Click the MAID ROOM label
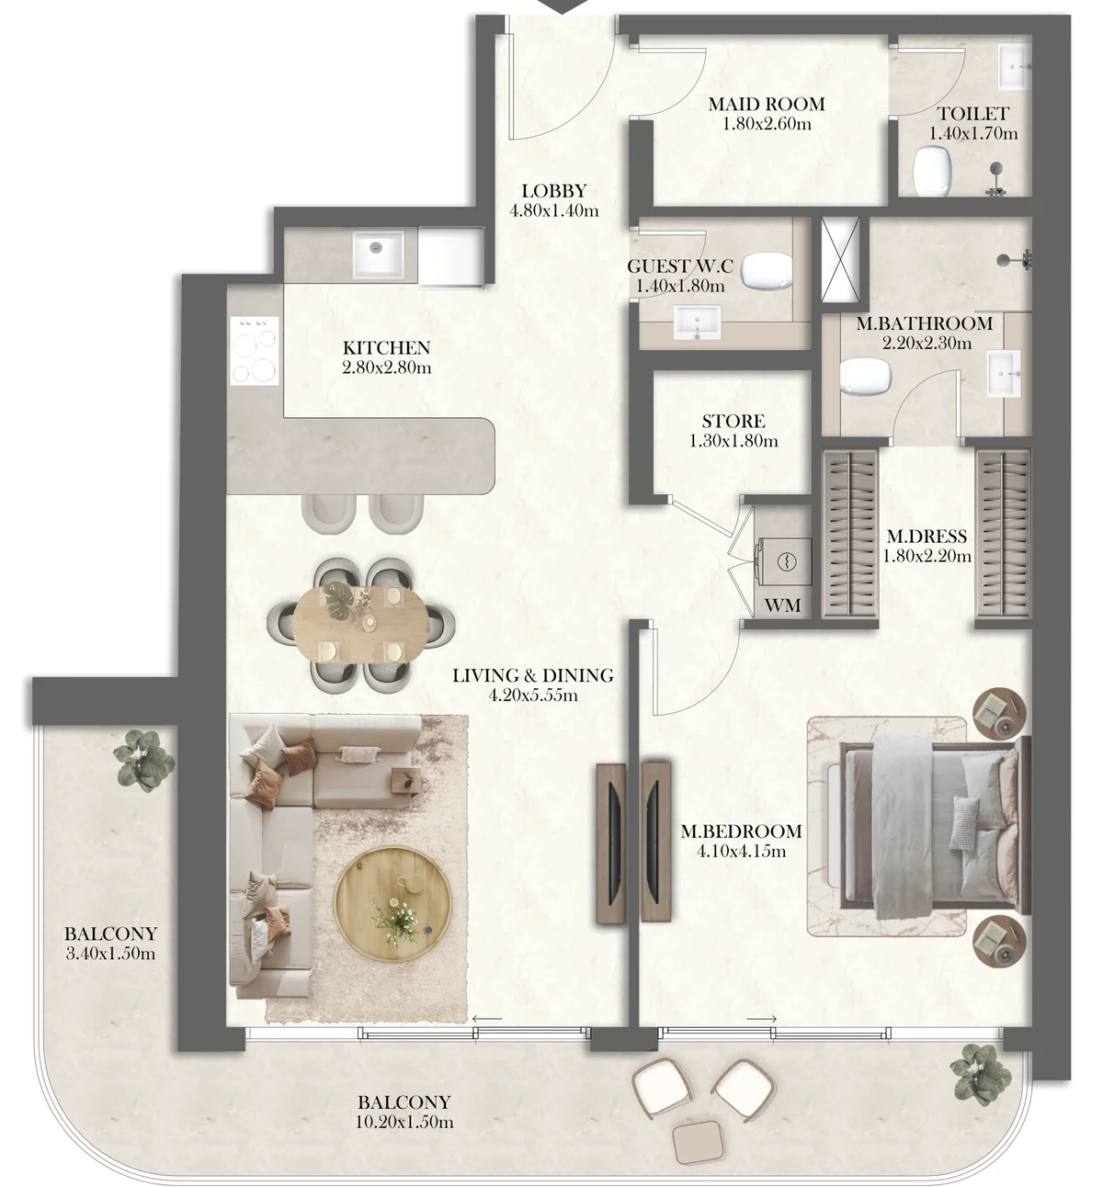[766, 104]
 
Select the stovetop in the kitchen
[255, 350]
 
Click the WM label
[782, 605]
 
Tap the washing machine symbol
[786, 560]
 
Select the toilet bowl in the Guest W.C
[766, 270]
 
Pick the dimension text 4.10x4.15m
[741, 851]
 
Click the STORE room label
[733, 421]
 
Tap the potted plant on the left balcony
[143, 760]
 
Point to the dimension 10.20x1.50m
[404, 1122]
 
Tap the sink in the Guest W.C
[699, 325]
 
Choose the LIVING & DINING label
[532, 675]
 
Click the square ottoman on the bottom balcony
[697, 1143]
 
